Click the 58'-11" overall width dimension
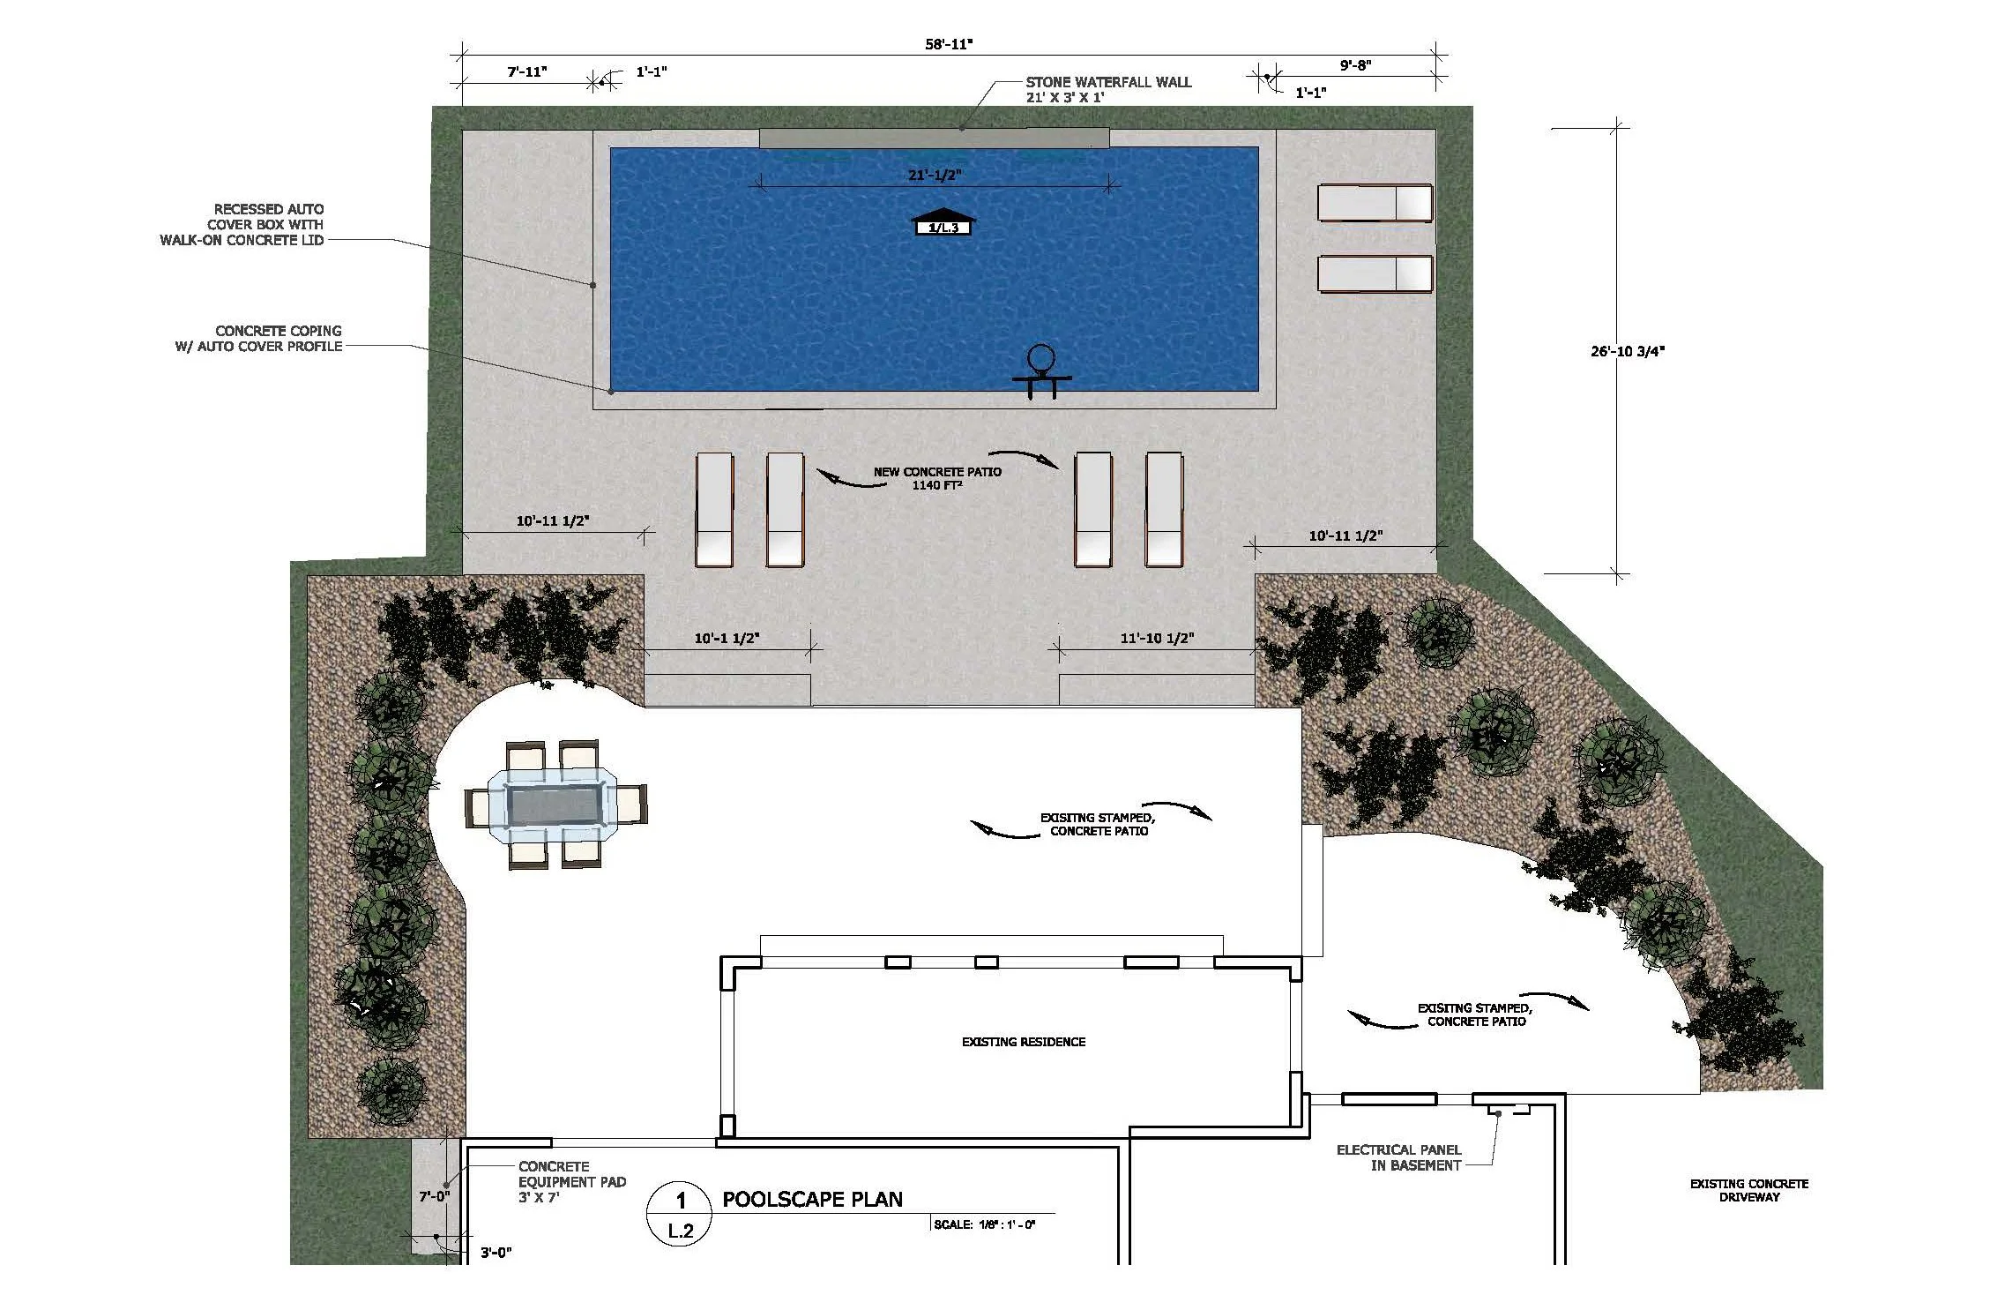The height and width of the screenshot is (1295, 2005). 949,44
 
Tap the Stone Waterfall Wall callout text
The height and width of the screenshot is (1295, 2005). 1107,89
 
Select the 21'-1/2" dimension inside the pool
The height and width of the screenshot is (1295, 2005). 935,176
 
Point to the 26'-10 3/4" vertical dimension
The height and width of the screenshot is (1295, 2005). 1627,351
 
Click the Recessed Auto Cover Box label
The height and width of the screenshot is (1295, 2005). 242,224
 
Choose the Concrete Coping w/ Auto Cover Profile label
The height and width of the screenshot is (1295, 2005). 258,339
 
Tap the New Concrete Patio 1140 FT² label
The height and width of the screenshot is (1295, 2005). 937,478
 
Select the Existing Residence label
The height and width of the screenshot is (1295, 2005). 1023,1042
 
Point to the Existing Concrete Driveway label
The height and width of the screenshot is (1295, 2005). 1748,1190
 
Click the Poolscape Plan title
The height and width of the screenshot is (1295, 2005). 812,1199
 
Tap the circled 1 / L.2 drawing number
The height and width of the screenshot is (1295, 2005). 680,1215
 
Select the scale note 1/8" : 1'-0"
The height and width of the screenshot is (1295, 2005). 984,1224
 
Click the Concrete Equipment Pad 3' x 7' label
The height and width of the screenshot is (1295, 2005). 571,1181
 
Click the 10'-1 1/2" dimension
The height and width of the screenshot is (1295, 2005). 727,638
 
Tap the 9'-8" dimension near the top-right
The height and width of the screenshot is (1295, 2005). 1355,65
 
